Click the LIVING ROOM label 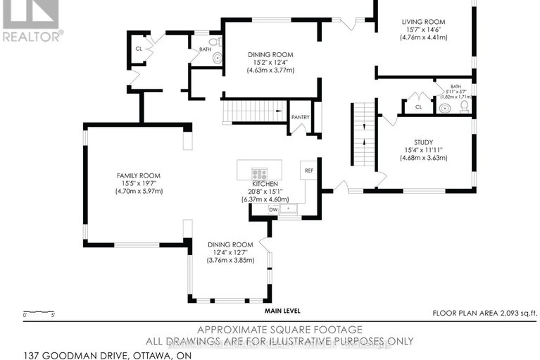(x=424, y=22)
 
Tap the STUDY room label (x=423, y=141)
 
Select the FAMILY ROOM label (x=139, y=175)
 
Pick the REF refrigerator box (x=308, y=170)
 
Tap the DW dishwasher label (x=274, y=209)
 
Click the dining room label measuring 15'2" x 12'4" (x=270, y=54)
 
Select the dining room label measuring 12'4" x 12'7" (x=230, y=244)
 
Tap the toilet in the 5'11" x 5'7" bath (x=464, y=106)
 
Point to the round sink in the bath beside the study (x=445, y=108)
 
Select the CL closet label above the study (x=417, y=107)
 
